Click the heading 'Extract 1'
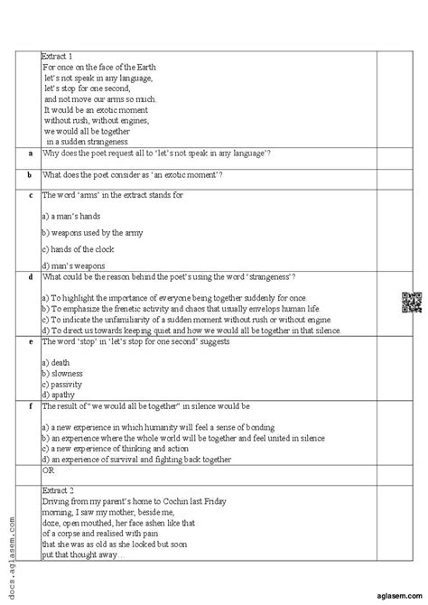[59, 56]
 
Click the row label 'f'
[30, 407]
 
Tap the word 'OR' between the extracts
[50, 470]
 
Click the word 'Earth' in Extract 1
[143, 67]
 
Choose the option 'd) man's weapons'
[74, 265]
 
